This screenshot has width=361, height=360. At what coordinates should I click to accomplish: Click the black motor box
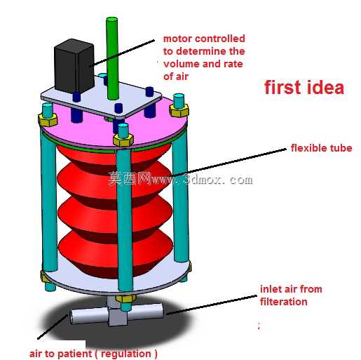coord(74,66)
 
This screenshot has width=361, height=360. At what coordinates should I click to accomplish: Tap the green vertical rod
coord(112,58)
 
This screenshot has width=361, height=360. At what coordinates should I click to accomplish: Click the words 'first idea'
coord(304,87)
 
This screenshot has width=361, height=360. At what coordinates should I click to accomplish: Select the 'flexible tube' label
coord(321,148)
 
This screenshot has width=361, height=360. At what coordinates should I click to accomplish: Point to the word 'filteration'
coord(284,302)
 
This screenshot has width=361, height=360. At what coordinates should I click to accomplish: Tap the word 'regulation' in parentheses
coord(126,354)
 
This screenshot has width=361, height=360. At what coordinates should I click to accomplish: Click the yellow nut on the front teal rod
coord(123,140)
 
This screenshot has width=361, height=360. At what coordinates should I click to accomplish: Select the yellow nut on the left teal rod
coord(48,120)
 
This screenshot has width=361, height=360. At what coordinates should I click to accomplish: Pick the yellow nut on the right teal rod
coord(179,111)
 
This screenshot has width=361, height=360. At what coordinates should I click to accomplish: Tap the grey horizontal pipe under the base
coord(116,314)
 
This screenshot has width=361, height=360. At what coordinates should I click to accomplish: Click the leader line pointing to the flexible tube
coord(229,162)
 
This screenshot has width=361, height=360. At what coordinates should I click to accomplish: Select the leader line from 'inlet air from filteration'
coord(212,305)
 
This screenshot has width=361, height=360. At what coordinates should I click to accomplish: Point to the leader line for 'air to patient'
coord(53,327)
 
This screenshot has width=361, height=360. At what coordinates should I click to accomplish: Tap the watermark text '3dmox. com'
coord(218,180)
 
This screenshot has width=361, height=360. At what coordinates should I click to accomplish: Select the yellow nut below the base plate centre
coord(125,299)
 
